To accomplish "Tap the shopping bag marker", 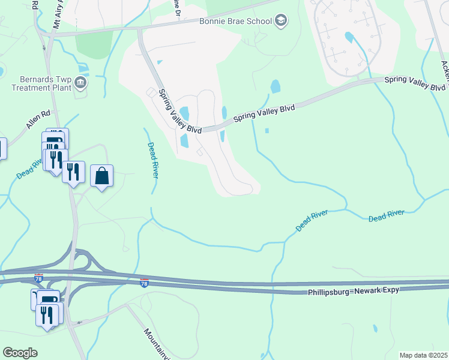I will pos(102,176).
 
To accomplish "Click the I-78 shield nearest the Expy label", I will pos(144,281).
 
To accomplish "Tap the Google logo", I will pos(20,353).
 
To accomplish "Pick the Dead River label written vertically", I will pos(152,160).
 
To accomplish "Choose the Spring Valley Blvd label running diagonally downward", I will pos(171,109).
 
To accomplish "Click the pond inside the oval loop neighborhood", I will pos(349,37).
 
